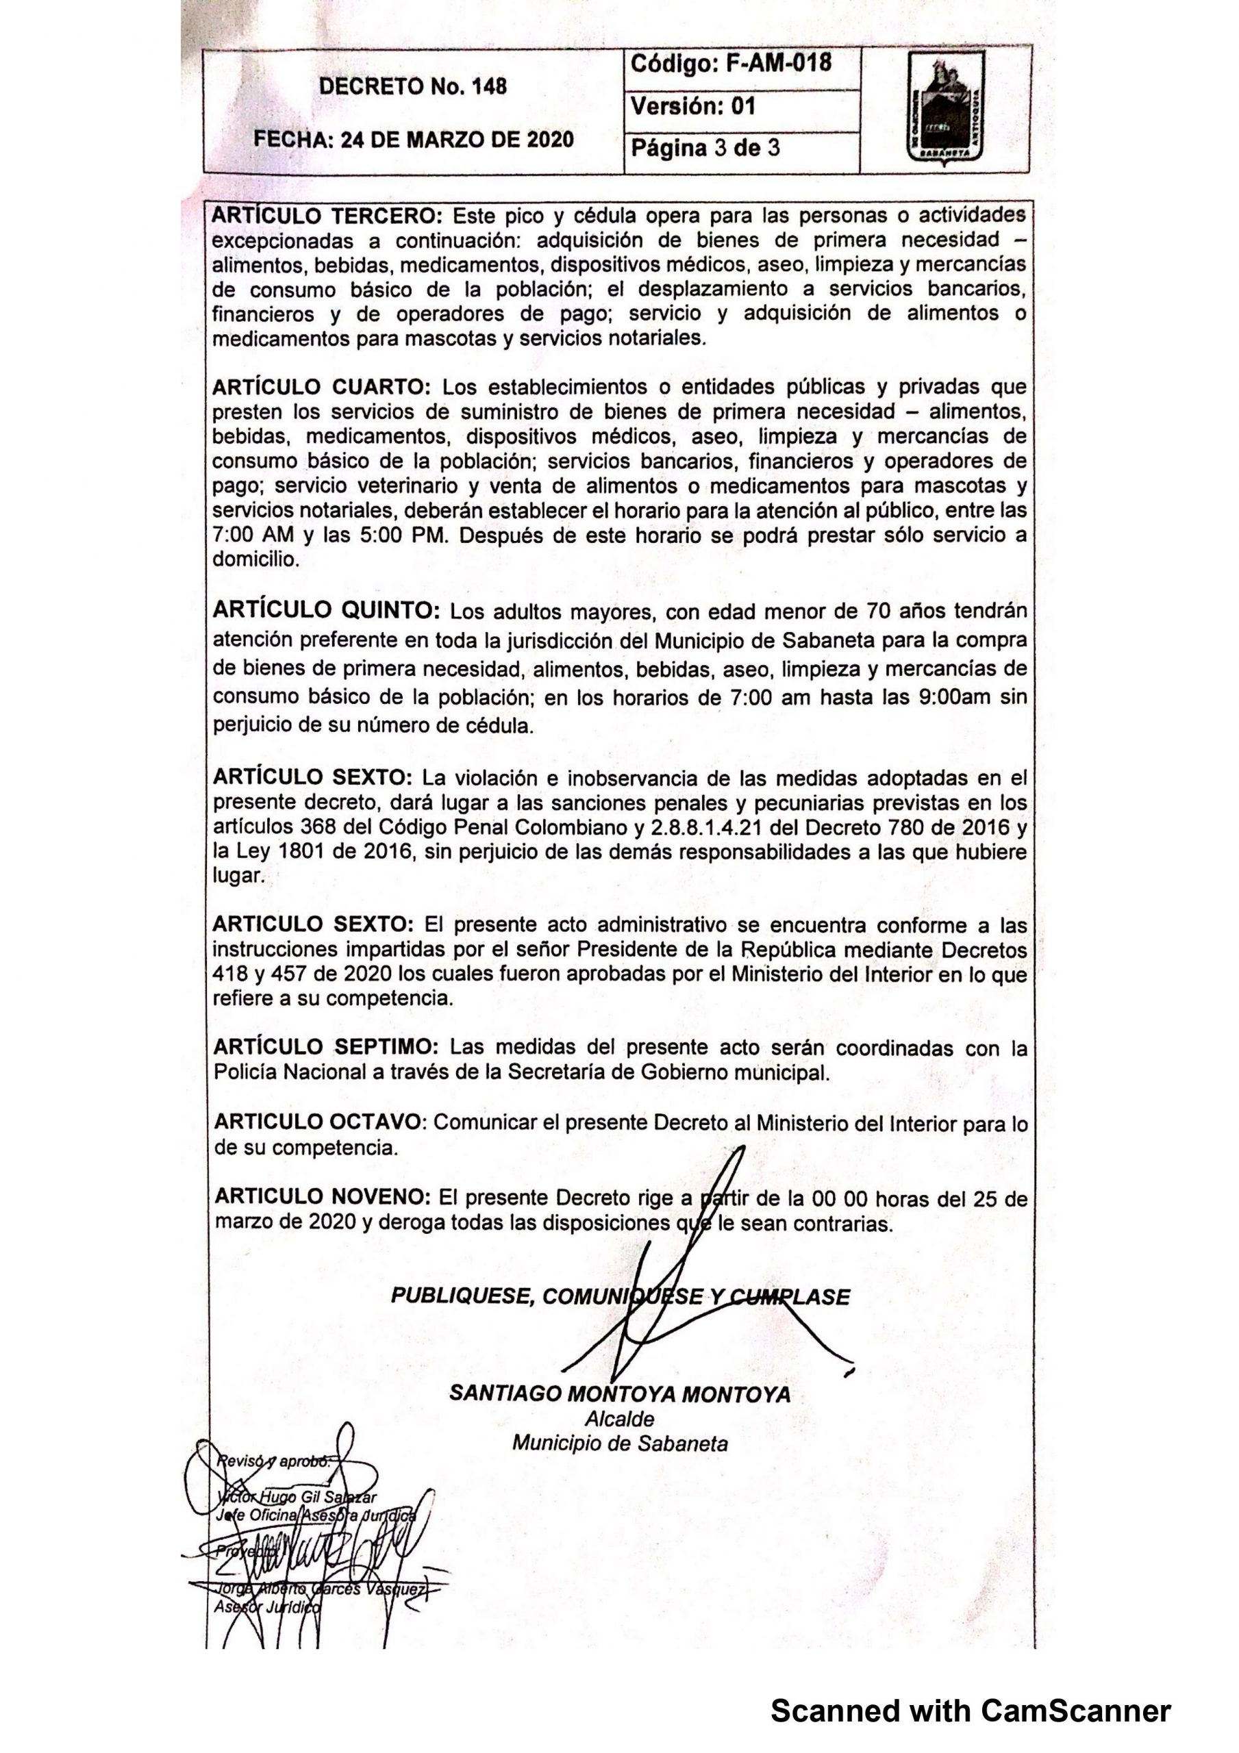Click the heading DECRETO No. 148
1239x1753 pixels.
click(x=412, y=86)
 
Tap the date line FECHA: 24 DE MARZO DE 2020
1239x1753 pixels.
click(x=412, y=140)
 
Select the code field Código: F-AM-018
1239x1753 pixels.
click(x=730, y=64)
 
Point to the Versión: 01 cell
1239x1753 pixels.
click(x=693, y=106)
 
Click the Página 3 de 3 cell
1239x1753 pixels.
click(x=704, y=147)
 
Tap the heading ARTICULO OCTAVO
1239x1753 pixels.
click(x=318, y=1122)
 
